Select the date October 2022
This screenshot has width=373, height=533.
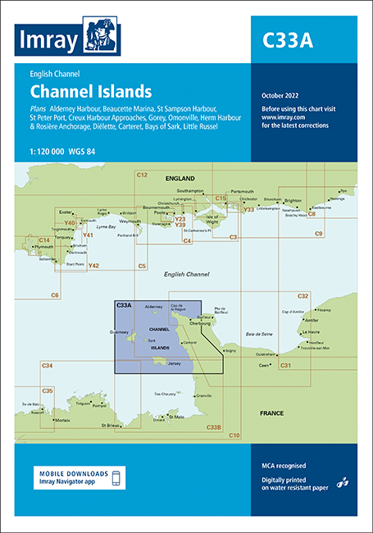click(x=280, y=97)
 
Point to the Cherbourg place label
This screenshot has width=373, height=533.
click(x=203, y=324)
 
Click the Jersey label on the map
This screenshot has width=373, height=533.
click(x=175, y=362)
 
